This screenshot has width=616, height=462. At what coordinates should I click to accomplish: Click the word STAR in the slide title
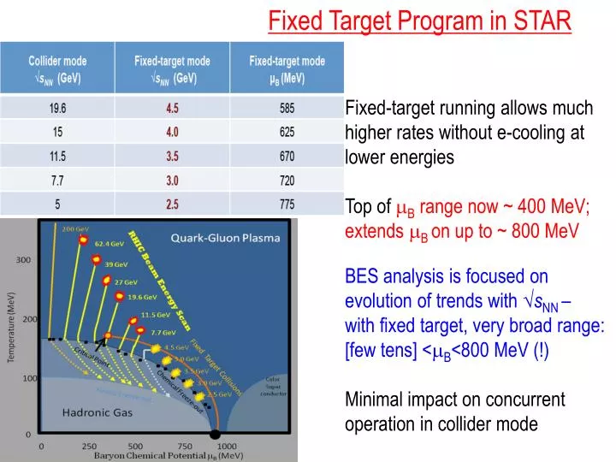coord(536,21)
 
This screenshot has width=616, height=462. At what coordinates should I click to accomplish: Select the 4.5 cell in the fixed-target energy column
coord(173,109)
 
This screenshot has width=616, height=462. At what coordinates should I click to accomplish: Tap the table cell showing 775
coord(287,204)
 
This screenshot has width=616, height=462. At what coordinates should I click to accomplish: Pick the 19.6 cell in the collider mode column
coord(57,109)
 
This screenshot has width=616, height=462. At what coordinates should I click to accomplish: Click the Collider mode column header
coord(57,68)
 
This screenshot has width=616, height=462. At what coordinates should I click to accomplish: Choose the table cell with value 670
coord(287,157)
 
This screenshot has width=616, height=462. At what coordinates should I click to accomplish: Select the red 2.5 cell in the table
coord(173,204)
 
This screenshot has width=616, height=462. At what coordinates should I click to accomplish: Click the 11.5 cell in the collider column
coord(57,157)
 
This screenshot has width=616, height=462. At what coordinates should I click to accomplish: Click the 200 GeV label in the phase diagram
coord(75,229)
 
